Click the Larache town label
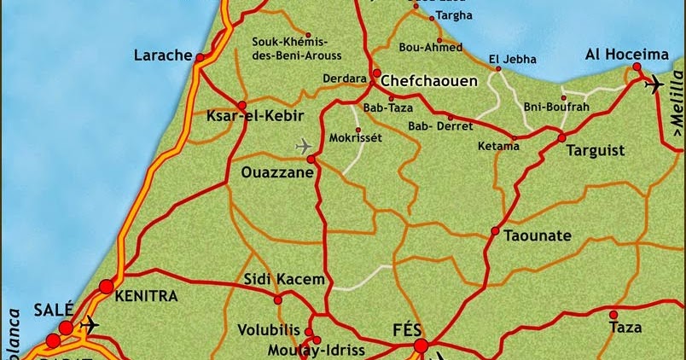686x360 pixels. (163, 56)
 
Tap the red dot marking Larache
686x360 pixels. (200, 58)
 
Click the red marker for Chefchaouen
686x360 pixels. (376, 73)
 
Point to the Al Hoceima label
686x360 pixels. (626, 55)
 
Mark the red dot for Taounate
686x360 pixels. (495, 231)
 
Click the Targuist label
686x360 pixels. (596, 151)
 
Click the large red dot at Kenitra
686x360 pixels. (106, 287)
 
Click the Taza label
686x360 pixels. (625, 326)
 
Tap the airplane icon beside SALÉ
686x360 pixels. (88, 324)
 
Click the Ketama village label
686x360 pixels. (498, 146)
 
